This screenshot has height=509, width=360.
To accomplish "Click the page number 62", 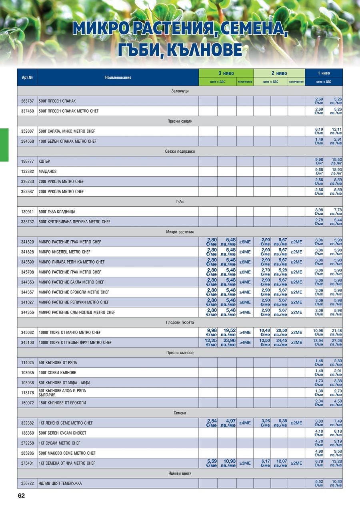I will pos(21,496).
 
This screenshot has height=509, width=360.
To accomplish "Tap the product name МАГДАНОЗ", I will pos(48,172).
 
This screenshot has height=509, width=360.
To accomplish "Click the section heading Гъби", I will pos(180,202).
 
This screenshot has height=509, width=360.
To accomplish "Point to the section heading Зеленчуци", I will pos(180,91).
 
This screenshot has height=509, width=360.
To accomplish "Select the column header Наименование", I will pos(118,78).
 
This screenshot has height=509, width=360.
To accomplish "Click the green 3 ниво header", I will pos(226,73).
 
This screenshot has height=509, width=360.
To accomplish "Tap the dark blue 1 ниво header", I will pos(324,73).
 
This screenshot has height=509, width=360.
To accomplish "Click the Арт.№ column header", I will pos(27,78).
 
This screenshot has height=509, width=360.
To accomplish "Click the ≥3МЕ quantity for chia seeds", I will pos(245,463).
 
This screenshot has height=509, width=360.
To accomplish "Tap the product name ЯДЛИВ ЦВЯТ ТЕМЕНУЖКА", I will pos(60,484).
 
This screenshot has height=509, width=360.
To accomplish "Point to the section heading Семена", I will pos(180,413).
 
